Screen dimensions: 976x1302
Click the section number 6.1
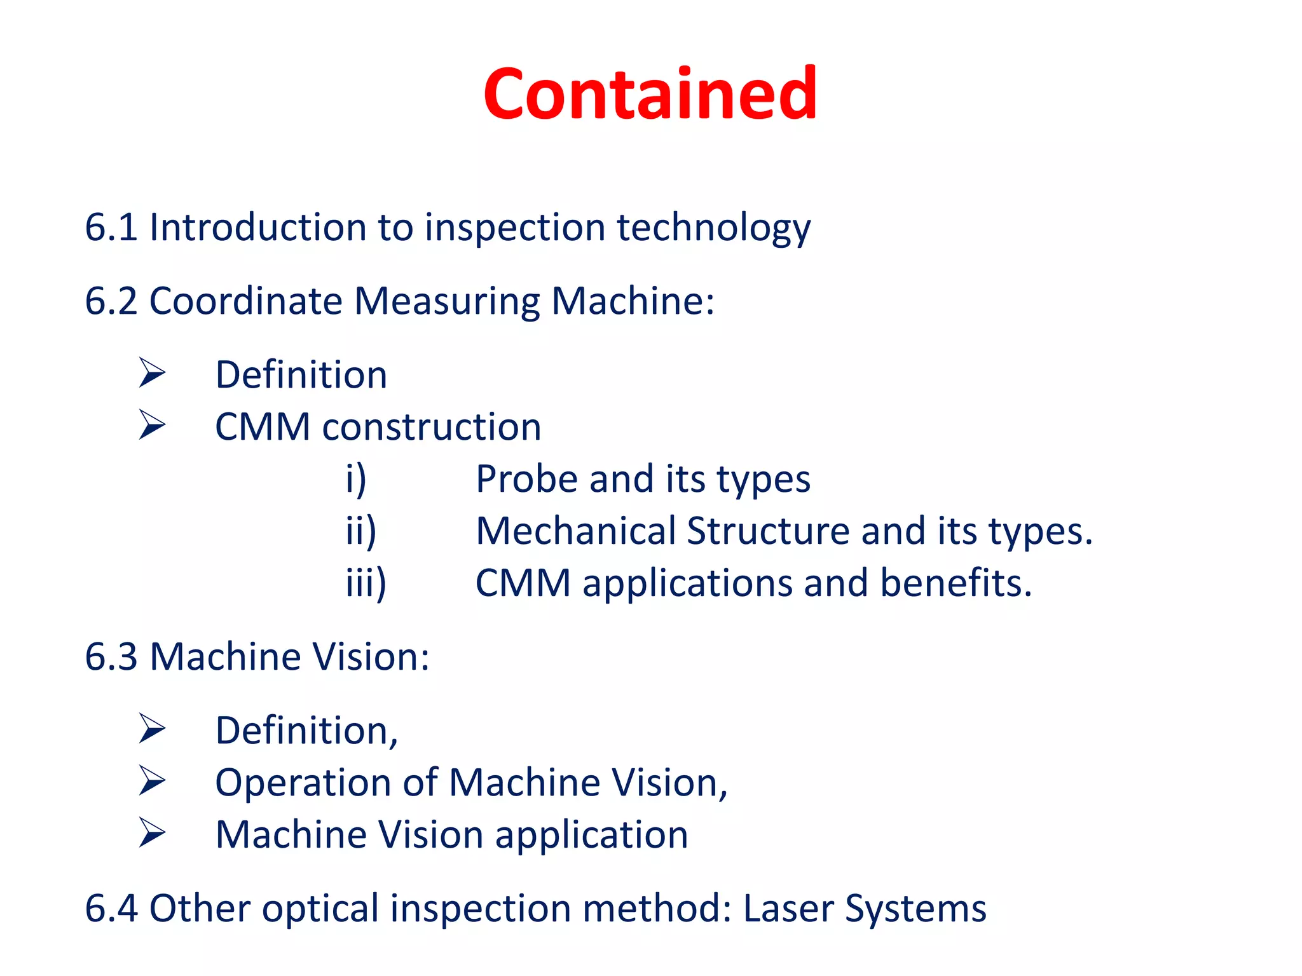coord(111,227)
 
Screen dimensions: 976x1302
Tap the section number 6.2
coord(111,301)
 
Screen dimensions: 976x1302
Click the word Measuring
coord(447,302)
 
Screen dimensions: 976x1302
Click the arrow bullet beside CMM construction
coord(152,425)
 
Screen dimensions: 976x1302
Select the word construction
coord(432,426)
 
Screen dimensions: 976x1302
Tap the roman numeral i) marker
coord(356,479)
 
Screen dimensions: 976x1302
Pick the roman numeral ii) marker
coord(361,531)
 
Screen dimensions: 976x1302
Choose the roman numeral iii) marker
coord(366,583)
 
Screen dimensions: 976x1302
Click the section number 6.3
coord(111,656)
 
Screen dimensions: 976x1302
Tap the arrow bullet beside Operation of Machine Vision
coord(152,781)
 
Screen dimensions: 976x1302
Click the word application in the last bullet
coord(591,836)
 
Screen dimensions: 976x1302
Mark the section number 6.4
coord(111,908)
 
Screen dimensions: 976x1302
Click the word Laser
coord(788,908)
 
